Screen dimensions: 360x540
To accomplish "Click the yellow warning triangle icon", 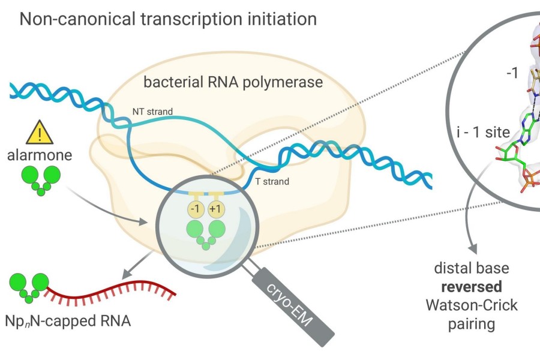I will click(41, 133).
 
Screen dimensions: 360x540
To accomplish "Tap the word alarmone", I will click(41, 155).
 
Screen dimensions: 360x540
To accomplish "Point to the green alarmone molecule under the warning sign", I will click(41, 179).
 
